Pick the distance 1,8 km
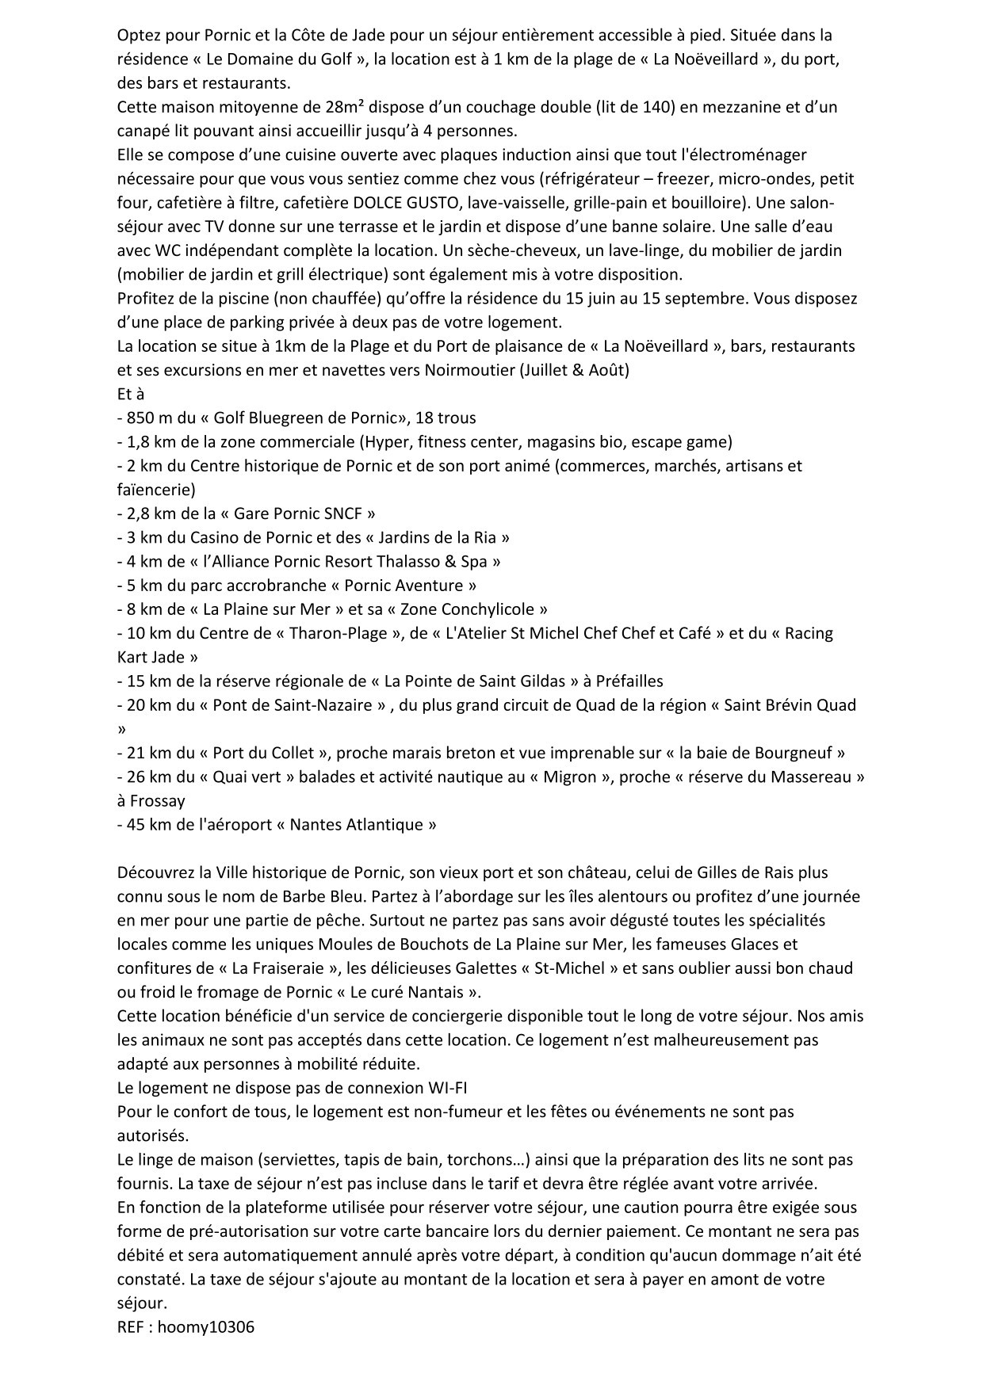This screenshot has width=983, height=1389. pyautogui.click(x=148, y=441)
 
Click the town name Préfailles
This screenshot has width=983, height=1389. pyautogui.click(x=624, y=681)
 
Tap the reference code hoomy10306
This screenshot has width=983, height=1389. pyautogui.click(x=206, y=1327)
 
